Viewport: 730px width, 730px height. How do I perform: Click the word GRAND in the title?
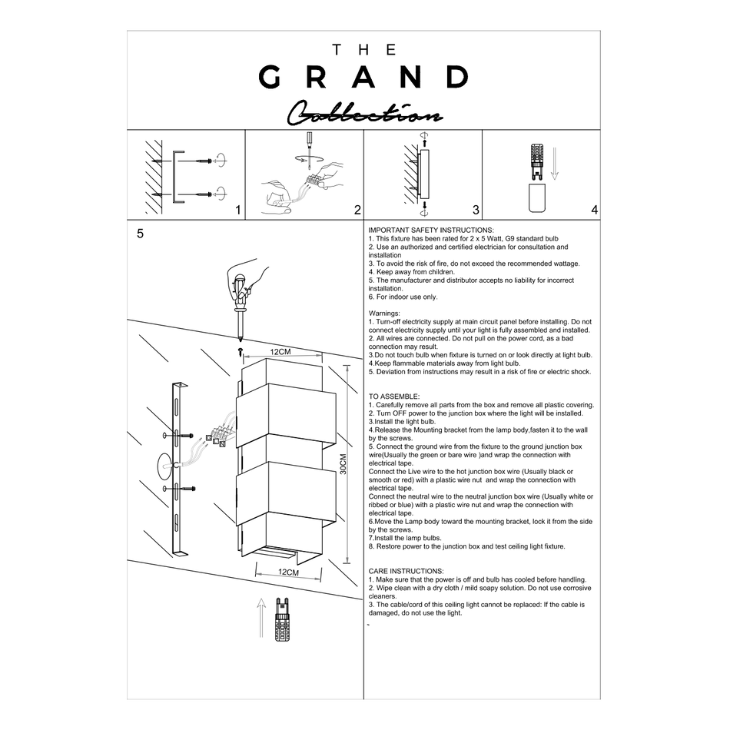[x=364, y=77]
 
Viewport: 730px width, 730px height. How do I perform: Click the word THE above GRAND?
[x=364, y=50]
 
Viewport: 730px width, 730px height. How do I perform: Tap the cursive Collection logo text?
[x=364, y=114]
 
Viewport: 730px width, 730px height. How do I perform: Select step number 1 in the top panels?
[x=238, y=210]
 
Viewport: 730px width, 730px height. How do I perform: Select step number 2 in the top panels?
[x=357, y=210]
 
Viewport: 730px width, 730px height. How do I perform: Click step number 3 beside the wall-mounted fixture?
[x=476, y=210]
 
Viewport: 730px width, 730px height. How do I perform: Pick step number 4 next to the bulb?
[x=595, y=210]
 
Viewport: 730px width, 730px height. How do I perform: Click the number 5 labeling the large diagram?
[x=140, y=234]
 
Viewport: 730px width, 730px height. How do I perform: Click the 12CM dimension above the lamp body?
[x=280, y=351]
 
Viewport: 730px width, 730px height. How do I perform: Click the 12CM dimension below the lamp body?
[x=288, y=572]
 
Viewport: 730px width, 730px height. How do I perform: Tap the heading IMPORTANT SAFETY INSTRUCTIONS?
[x=431, y=230]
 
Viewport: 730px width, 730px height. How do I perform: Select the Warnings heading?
[x=385, y=314]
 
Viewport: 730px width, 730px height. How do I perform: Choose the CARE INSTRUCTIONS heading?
[x=406, y=571]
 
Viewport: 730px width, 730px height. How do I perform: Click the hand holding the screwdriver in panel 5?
[x=251, y=280]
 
